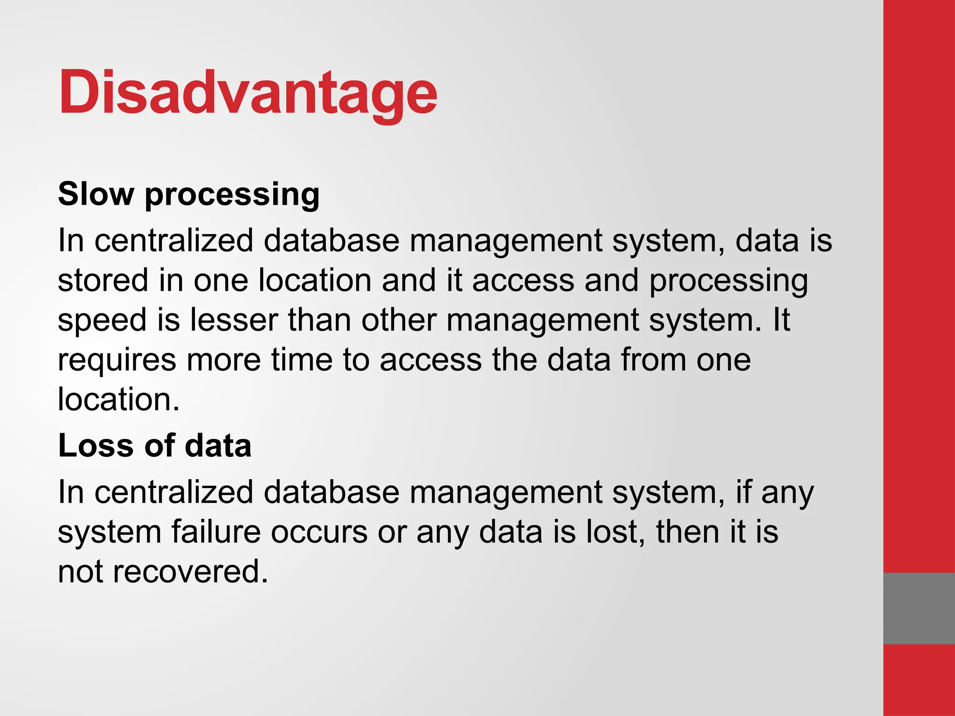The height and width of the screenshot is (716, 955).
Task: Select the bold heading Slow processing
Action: click(188, 194)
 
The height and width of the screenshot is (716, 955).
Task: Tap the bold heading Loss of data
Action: click(154, 446)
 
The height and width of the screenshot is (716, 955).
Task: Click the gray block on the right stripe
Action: click(919, 608)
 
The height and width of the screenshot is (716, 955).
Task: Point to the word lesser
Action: click(234, 320)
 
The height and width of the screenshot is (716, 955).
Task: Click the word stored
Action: click(103, 281)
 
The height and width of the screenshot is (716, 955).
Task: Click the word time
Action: click(301, 360)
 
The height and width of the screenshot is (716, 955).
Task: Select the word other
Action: click(399, 320)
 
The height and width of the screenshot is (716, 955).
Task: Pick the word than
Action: click(319, 320)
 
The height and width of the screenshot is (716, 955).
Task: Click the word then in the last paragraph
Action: click(687, 532)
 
